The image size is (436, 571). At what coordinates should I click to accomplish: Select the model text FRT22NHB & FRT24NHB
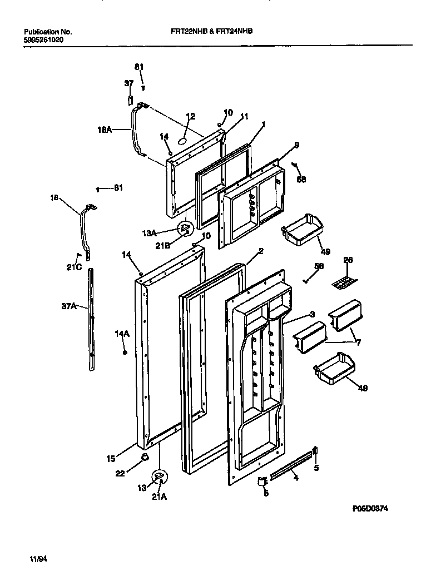211,32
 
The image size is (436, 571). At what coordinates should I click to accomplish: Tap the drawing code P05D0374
369,508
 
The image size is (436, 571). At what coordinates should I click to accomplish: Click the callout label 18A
105,130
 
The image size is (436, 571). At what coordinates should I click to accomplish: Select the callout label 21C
75,267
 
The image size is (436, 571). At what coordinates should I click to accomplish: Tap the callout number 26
348,260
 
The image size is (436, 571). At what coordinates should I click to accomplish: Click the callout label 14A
122,334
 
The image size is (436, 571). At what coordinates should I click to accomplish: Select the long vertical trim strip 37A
92,320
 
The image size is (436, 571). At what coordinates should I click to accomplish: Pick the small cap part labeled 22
144,457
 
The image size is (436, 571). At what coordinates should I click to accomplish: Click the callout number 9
296,145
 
